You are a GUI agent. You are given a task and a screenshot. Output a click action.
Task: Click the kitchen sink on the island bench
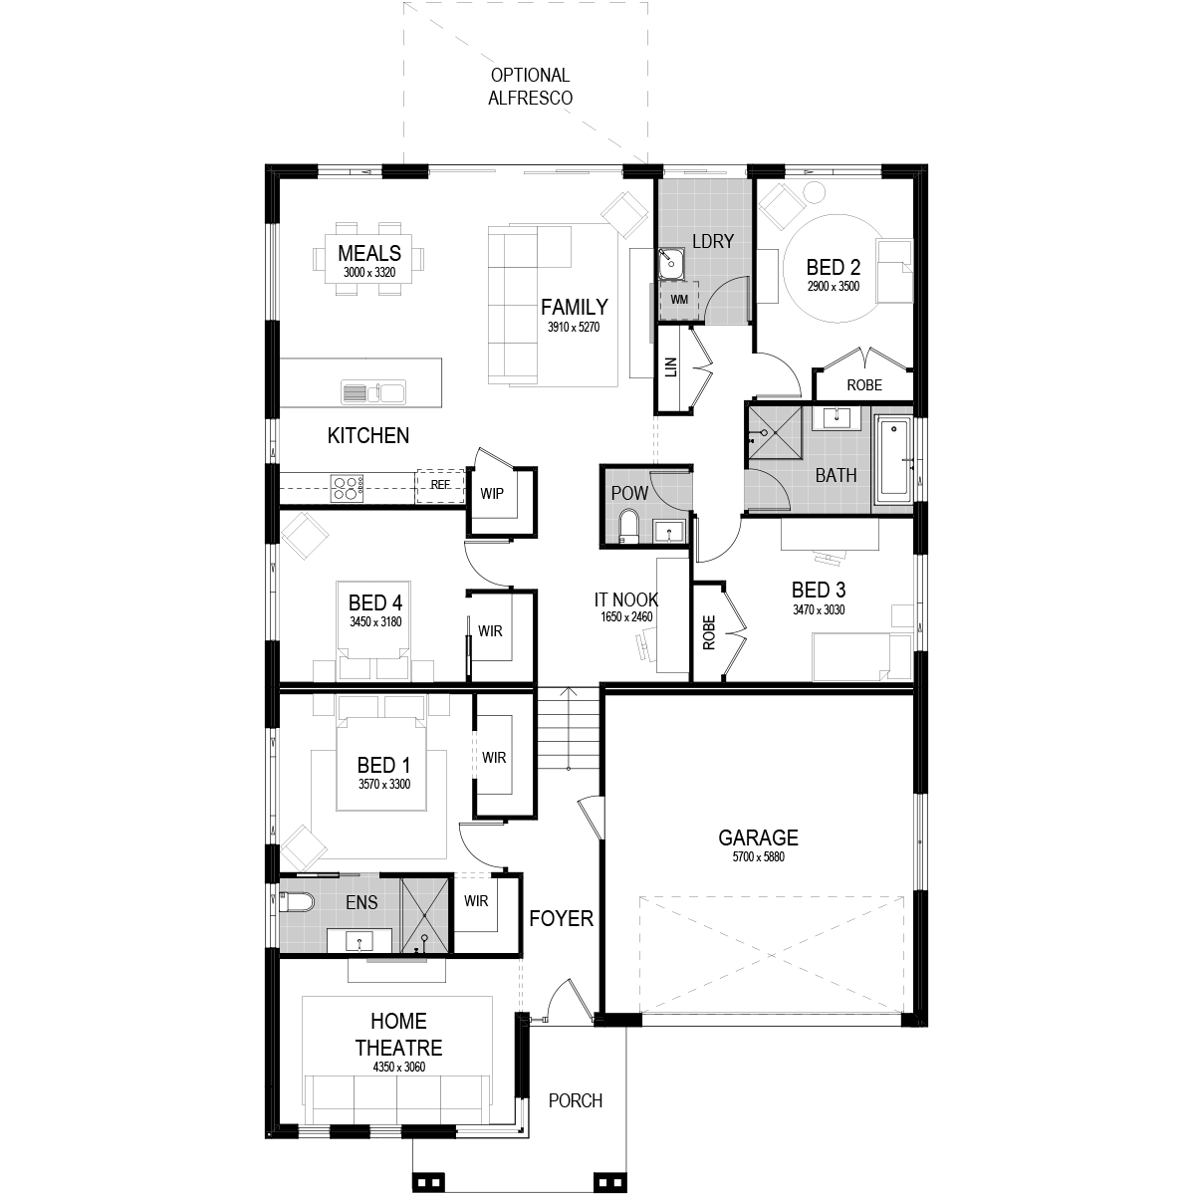click(373, 392)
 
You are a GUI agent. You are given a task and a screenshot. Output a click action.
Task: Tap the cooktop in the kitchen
click(347, 487)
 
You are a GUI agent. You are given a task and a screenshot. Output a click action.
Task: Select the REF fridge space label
click(440, 485)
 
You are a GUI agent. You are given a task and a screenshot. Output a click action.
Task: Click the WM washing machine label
click(679, 300)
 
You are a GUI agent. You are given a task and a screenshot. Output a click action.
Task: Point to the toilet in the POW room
click(628, 527)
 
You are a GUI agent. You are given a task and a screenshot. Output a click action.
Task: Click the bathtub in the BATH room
click(893, 459)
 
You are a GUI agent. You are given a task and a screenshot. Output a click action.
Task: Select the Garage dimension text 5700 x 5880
click(759, 857)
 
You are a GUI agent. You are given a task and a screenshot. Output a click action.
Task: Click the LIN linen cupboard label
click(671, 367)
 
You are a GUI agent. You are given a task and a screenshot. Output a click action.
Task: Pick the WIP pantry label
click(492, 494)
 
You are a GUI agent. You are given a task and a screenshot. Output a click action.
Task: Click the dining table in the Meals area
click(369, 259)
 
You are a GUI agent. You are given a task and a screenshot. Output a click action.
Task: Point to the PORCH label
click(576, 1100)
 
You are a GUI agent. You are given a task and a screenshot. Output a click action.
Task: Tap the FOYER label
click(562, 918)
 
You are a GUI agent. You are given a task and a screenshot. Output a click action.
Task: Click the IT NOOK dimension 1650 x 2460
click(626, 617)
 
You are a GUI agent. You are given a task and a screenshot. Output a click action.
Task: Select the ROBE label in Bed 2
click(864, 385)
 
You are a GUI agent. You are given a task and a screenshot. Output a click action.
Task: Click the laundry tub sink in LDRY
click(671, 264)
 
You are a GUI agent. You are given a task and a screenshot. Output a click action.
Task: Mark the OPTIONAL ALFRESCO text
click(530, 87)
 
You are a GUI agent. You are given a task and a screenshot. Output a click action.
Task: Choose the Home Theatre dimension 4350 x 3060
click(398, 1068)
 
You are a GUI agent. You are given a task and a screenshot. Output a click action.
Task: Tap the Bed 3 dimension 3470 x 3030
click(819, 609)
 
